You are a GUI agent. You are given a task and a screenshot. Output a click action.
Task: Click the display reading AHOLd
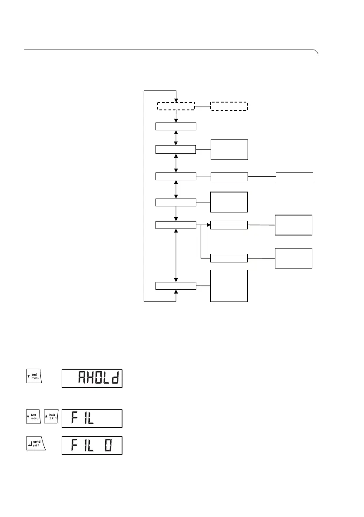92,379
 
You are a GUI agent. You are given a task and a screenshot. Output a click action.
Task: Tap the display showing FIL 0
92,446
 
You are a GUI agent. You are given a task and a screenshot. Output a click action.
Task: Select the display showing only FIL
92,418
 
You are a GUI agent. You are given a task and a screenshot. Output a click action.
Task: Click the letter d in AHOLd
114,379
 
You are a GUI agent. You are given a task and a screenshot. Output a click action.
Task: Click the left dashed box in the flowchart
176,106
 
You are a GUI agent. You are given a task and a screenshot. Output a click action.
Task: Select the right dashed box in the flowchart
229,106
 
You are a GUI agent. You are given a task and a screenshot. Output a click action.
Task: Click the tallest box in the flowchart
229,285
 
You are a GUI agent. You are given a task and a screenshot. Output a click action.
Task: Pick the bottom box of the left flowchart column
176,285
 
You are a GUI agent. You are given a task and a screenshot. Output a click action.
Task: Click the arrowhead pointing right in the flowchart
208,225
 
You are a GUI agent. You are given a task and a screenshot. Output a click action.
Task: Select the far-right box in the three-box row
295,176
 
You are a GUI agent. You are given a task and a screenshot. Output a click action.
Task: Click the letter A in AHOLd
82,379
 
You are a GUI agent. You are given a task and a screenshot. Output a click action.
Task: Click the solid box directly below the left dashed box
176,126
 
